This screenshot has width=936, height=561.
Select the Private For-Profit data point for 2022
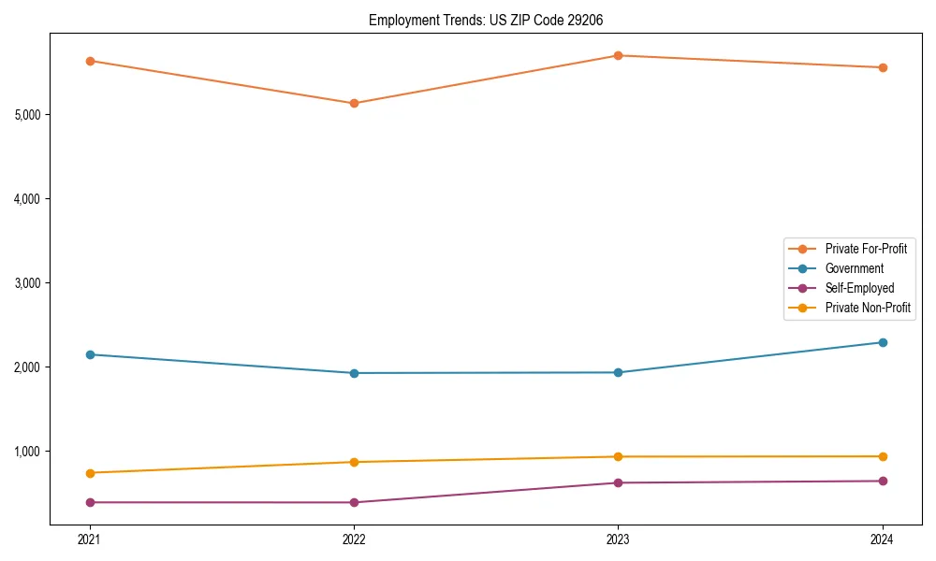pos(354,103)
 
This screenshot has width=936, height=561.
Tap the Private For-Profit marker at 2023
pos(618,55)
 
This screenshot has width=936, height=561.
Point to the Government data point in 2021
pos(90,354)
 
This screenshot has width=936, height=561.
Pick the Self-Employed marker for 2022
pos(354,502)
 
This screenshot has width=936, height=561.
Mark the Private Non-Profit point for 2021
pos(90,473)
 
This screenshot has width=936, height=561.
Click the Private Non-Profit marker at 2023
pos(618,456)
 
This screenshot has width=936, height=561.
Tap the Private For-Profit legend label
pos(865,249)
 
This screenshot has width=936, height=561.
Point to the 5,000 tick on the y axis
pos(27,115)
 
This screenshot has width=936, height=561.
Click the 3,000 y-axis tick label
pos(27,283)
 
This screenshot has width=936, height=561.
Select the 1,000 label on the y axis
pos(27,452)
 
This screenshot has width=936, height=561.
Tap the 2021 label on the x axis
pos(90,539)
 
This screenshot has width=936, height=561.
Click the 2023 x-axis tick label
pos(618,539)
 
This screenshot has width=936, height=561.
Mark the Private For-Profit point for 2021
pos(90,61)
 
